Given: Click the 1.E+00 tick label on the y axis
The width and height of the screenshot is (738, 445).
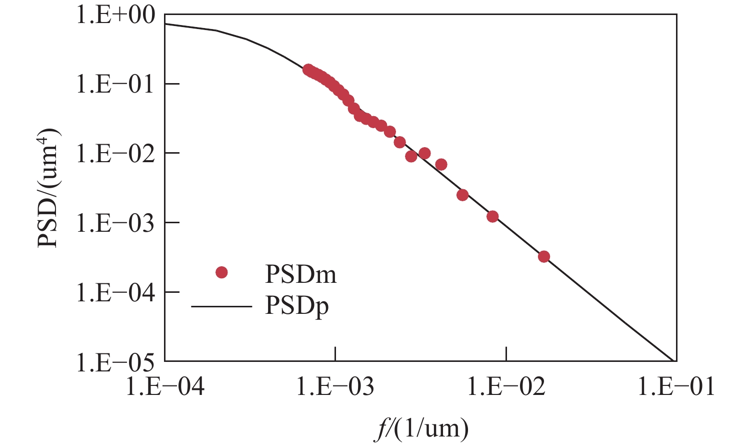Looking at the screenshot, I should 115,16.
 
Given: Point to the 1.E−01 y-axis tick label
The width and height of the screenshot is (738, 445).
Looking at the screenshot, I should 115,84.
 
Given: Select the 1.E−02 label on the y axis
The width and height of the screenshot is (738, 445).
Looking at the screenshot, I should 115,153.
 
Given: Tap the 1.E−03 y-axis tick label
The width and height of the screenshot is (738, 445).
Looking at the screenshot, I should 115,223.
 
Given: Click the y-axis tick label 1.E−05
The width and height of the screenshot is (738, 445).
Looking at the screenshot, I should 115,361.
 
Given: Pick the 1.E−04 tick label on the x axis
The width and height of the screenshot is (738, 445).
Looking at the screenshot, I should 165,387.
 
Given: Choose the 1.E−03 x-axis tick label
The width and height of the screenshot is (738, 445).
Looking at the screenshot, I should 335,387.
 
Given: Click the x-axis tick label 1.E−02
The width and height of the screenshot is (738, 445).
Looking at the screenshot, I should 506,387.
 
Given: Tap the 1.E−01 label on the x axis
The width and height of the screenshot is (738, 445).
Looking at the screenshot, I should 676,387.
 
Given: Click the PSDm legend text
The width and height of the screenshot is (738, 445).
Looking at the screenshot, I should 300,274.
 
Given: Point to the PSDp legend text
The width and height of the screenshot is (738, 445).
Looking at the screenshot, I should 296,306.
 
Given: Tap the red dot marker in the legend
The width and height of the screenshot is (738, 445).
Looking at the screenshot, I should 221,273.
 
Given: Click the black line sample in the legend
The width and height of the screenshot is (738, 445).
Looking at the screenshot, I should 221,305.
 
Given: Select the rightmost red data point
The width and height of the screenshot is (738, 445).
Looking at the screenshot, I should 544,257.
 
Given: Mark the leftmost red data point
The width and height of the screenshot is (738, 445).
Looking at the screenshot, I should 308,70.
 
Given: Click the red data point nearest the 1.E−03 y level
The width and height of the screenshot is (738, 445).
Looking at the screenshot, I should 492,217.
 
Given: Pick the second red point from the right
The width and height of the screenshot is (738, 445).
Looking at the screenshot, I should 492,217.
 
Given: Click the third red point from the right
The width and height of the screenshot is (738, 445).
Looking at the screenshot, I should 462,195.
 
